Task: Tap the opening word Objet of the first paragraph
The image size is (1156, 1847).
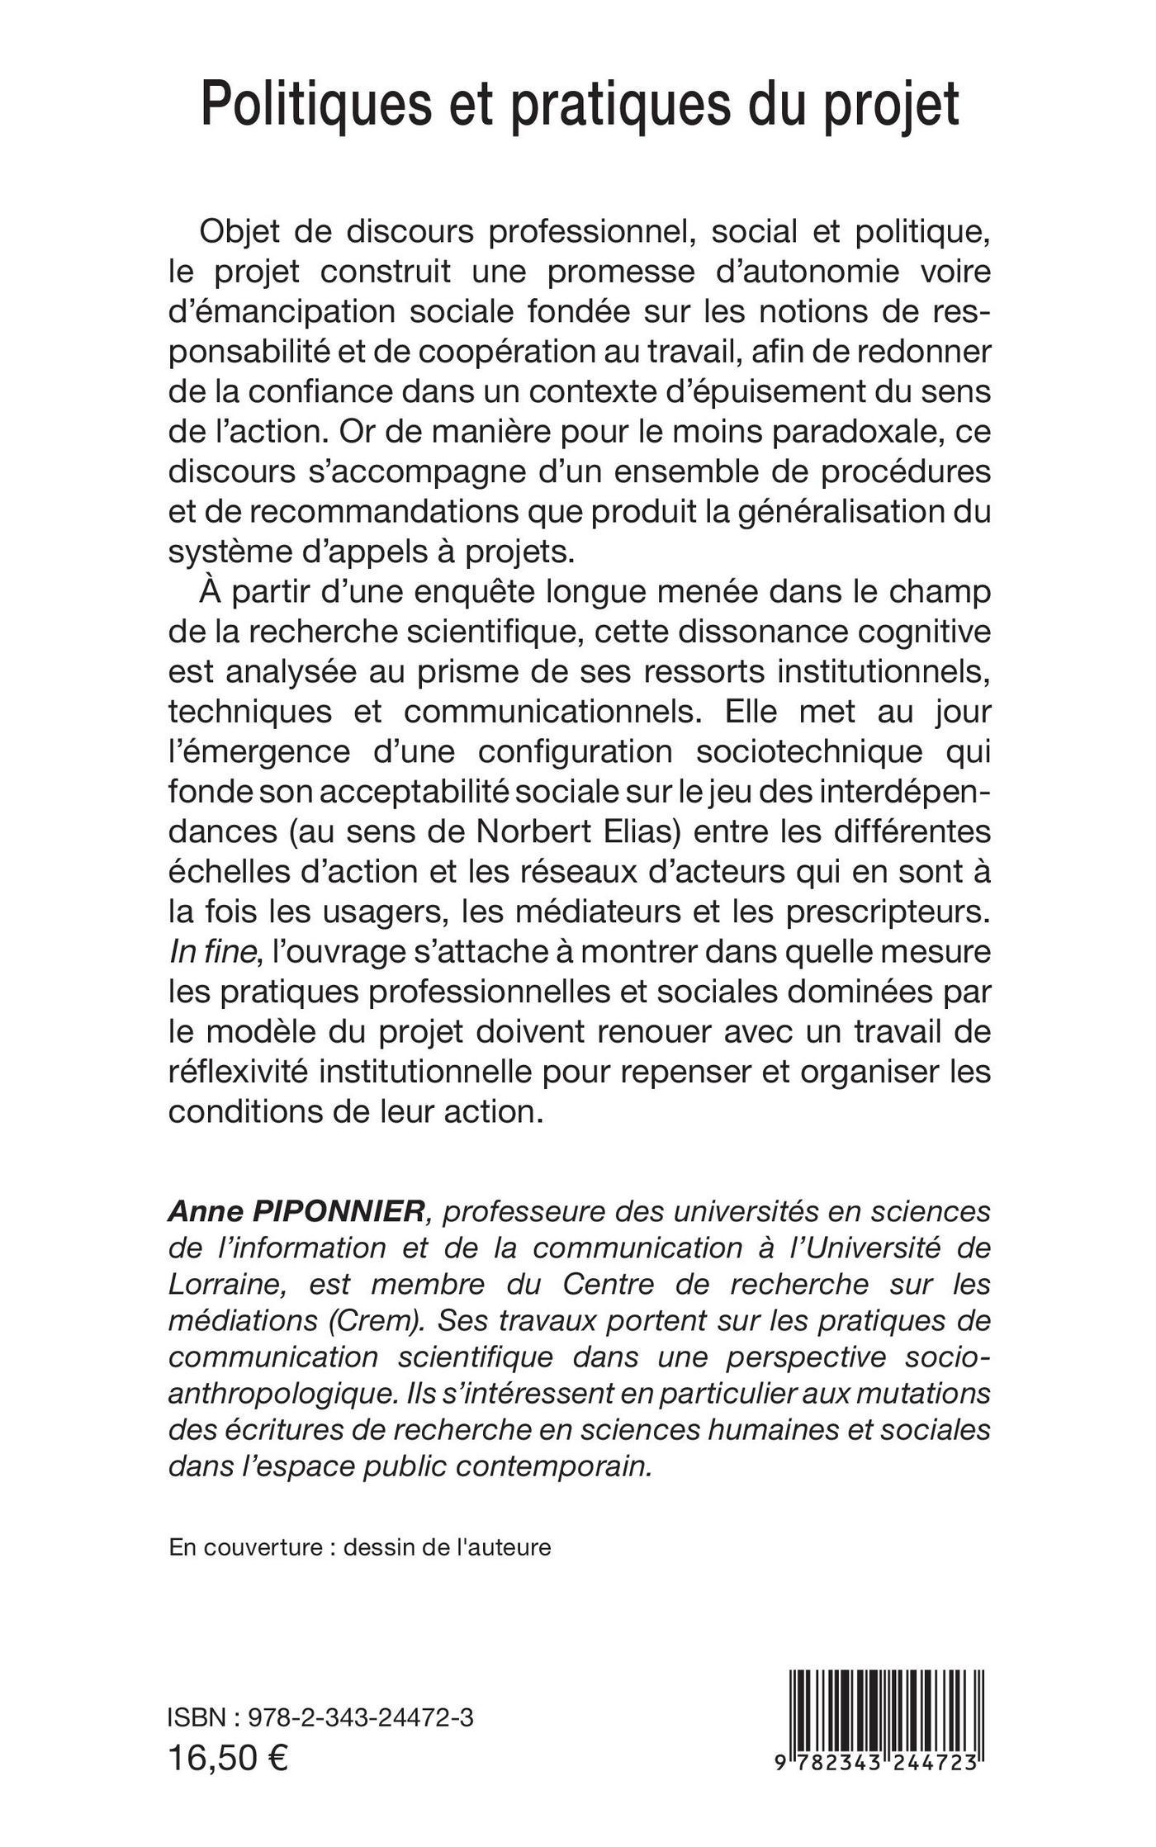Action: point(239,232)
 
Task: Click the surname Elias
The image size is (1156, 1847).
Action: point(639,831)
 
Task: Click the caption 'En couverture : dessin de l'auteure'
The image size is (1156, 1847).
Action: point(359,1546)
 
